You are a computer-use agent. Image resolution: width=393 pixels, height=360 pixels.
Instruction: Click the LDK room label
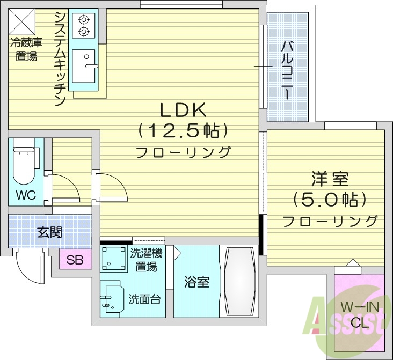coord(183,110)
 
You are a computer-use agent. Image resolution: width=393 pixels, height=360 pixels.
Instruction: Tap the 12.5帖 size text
coord(183,130)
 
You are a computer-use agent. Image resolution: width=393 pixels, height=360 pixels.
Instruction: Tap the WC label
coord(25,195)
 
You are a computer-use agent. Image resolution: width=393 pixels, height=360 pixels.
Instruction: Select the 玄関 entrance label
coord(49,232)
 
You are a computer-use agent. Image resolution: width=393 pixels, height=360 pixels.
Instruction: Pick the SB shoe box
coord(75,261)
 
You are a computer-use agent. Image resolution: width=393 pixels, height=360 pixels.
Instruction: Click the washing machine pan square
coord(113,260)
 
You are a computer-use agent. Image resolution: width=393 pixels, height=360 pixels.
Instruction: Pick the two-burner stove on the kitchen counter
coord(83,26)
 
